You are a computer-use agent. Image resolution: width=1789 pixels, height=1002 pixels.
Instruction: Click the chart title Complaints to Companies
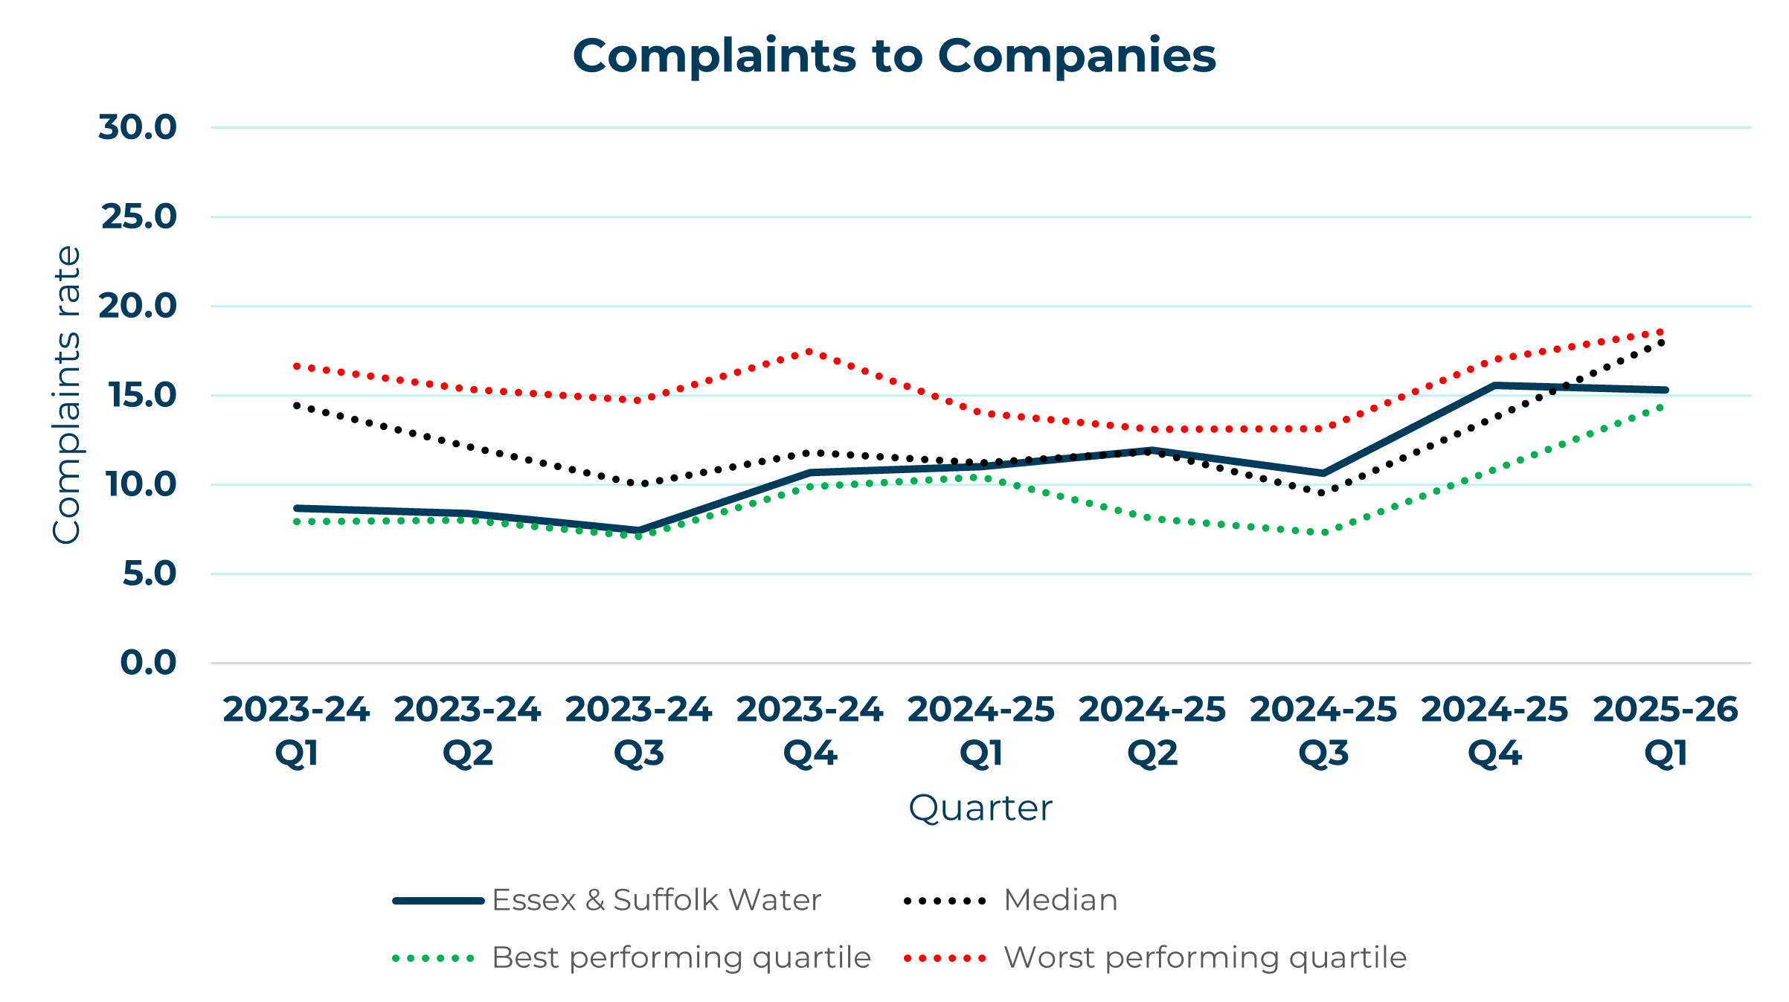pyautogui.click(x=893, y=56)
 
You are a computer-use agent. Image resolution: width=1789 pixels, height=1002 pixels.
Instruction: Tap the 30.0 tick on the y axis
pyautogui.click(x=138, y=127)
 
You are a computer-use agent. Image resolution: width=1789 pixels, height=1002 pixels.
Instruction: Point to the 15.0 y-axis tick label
pyautogui.click(x=143, y=395)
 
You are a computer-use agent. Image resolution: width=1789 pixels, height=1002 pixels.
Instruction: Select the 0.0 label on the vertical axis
pyautogui.click(x=148, y=663)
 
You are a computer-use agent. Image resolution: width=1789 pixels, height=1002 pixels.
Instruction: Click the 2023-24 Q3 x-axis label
pyautogui.click(x=638, y=730)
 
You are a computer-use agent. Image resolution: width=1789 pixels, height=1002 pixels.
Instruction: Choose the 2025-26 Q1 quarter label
pyautogui.click(x=1666, y=730)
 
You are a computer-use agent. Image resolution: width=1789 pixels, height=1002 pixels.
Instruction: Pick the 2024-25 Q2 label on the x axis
pyautogui.click(x=1152, y=730)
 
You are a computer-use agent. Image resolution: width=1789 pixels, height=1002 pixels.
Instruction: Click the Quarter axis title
pyautogui.click(x=980, y=808)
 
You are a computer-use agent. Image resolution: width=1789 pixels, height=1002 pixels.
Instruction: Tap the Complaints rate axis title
pyautogui.click(x=66, y=395)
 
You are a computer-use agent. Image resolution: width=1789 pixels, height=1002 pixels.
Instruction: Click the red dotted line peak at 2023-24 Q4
pyautogui.click(x=809, y=351)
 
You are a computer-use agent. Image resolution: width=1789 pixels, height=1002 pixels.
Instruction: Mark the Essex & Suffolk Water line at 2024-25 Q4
pyautogui.click(x=1494, y=385)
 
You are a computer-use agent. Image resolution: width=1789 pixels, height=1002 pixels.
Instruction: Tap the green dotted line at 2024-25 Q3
pyautogui.click(x=1323, y=533)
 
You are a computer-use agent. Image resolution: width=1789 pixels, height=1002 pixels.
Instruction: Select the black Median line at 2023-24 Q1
pyautogui.click(x=297, y=405)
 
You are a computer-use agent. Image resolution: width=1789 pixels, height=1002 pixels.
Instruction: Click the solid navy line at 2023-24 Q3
pyautogui.click(x=638, y=531)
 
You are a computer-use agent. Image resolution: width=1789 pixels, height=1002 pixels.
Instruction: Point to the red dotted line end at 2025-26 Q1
pyautogui.click(x=1664, y=332)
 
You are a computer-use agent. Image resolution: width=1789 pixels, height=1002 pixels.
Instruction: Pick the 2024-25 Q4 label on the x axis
pyautogui.click(x=1494, y=730)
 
